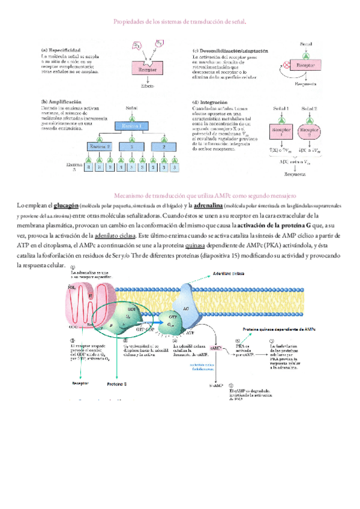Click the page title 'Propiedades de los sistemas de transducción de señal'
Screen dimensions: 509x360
[x=180, y=22]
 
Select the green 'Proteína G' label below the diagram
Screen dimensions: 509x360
[x=117, y=382]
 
